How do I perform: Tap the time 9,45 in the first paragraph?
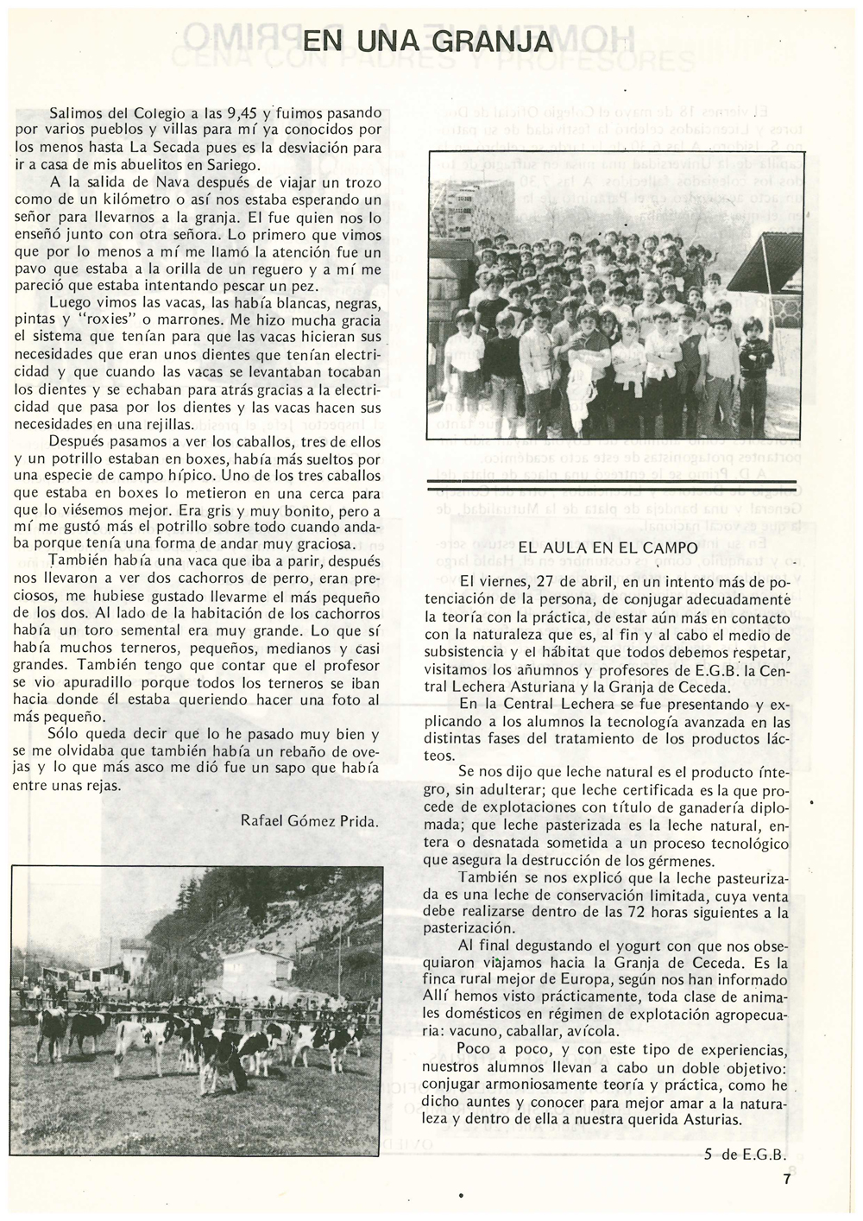pos(243,113)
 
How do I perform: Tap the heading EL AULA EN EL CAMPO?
pos(608,547)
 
